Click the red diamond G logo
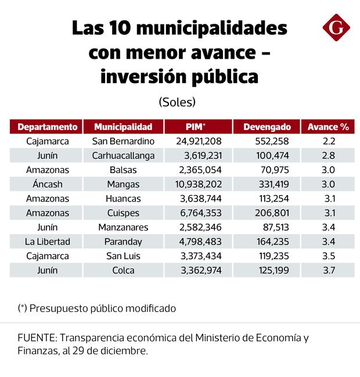click(336, 27)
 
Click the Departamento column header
click(47, 127)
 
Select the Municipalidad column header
click(123, 127)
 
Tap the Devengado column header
click(267, 127)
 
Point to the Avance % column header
click(328, 127)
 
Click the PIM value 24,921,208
click(199, 141)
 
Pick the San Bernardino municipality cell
click(123, 141)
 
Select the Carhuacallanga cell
click(123, 155)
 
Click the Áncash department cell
click(47, 184)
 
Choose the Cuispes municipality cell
click(123, 213)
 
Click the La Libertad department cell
click(47, 242)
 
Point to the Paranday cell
click(123, 242)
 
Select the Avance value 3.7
click(328, 270)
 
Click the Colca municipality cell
click(123, 270)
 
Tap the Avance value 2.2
click(328, 141)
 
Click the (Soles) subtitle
click(177, 102)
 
